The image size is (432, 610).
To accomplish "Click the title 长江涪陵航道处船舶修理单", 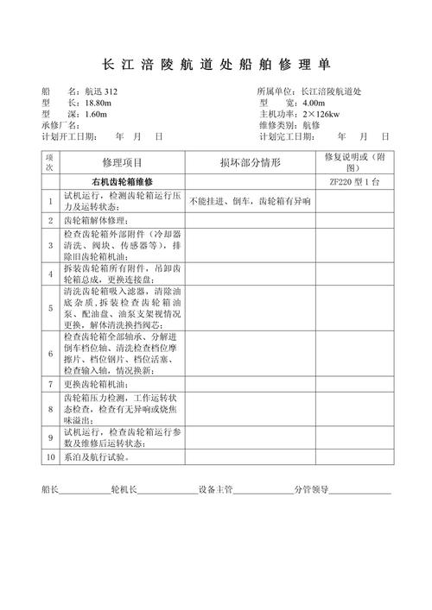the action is [x=215, y=65].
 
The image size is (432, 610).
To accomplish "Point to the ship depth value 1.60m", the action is [x=96, y=114].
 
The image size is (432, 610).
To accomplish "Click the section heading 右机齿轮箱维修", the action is [x=122, y=183].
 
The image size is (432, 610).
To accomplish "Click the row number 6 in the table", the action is [x=50, y=354].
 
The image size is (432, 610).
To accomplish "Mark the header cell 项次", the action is [x=50, y=162].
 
